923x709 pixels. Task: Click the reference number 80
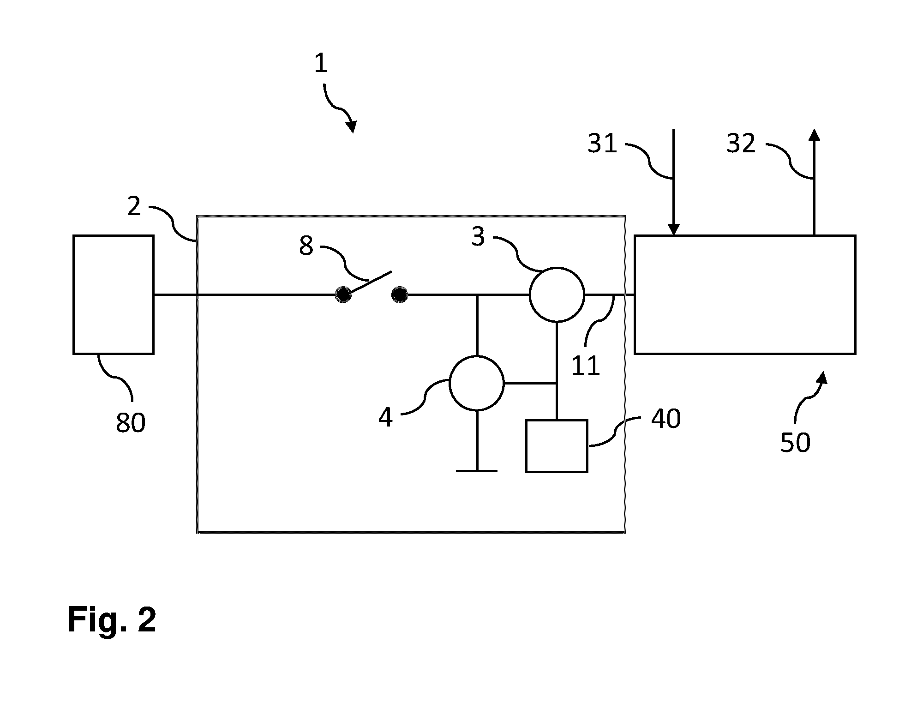point(131,422)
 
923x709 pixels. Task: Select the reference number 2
point(134,206)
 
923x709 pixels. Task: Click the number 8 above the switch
point(306,246)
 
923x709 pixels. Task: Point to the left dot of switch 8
point(343,294)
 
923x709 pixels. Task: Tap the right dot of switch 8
point(400,294)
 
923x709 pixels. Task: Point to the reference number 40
point(665,419)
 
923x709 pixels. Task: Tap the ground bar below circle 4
point(477,471)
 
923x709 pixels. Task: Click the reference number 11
point(585,366)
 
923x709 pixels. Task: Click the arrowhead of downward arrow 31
point(673,229)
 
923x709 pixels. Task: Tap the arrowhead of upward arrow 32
point(814,134)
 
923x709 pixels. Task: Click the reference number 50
point(795,442)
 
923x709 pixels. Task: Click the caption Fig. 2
point(112,619)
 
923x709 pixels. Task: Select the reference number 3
point(478,236)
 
